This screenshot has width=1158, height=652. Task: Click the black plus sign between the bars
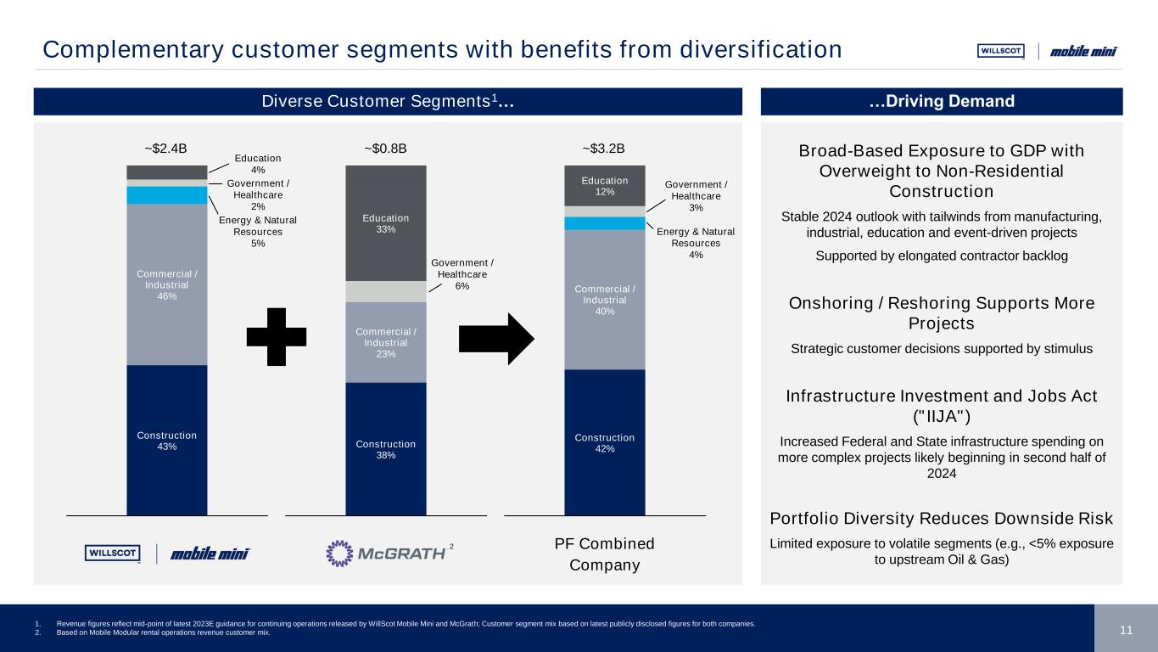[x=277, y=337]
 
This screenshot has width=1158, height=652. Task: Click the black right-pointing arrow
[x=496, y=339]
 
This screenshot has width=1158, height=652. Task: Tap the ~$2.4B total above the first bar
[x=165, y=149]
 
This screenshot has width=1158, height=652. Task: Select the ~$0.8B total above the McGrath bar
[x=386, y=149]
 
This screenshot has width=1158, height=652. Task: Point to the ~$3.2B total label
[x=604, y=149]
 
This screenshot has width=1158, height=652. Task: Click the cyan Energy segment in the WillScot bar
[x=167, y=195]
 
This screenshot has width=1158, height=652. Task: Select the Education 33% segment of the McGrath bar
[x=386, y=223]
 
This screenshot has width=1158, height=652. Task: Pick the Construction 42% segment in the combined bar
[x=605, y=442]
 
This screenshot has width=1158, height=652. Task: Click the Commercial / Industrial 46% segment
[x=167, y=284]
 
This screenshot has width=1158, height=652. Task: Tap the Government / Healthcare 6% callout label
[x=462, y=274]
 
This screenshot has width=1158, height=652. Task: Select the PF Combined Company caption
[x=604, y=554]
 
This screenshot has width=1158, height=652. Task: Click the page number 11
[x=1126, y=630]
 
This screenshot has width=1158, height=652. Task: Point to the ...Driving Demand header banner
[x=942, y=101]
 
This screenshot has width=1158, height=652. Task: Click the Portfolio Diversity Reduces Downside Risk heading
[x=942, y=519]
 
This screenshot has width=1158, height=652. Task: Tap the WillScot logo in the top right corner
[x=1001, y=51]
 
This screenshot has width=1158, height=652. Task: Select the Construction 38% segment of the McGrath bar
[x=386, y=449]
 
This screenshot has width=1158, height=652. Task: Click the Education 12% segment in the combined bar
[x=605, y=186]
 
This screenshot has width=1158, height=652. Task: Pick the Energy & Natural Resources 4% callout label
[x=696, y=243]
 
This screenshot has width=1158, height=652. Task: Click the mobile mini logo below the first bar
[x=210, y=554]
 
